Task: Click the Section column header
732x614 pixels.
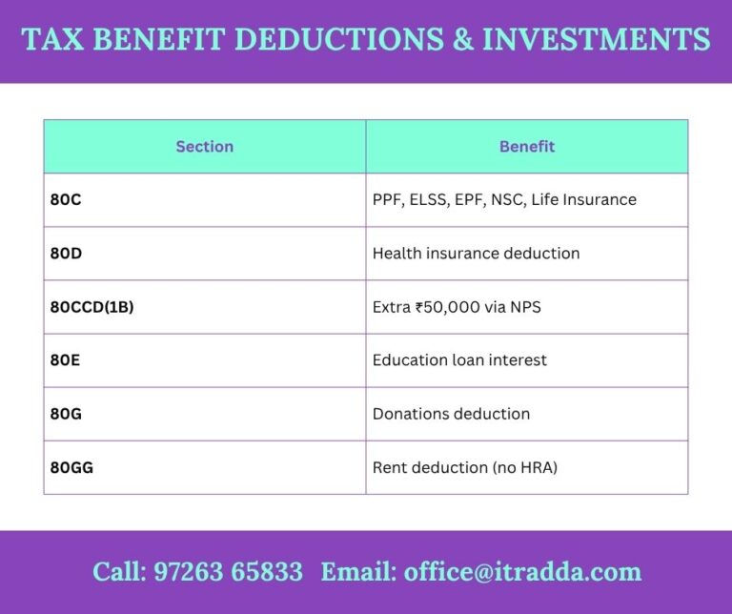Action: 204,147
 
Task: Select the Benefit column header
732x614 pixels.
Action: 526,147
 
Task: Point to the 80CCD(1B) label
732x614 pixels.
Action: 91,307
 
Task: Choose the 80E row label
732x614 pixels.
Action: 64,360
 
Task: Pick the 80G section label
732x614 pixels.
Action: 65,414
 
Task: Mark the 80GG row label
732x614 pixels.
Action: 71,467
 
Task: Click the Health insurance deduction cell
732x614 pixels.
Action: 476,254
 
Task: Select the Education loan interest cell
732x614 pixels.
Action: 459,360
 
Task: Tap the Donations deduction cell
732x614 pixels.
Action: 451,414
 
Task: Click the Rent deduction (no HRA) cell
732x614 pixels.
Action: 464,467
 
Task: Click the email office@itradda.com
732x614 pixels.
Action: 522,572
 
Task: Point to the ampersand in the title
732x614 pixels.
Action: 461,40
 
